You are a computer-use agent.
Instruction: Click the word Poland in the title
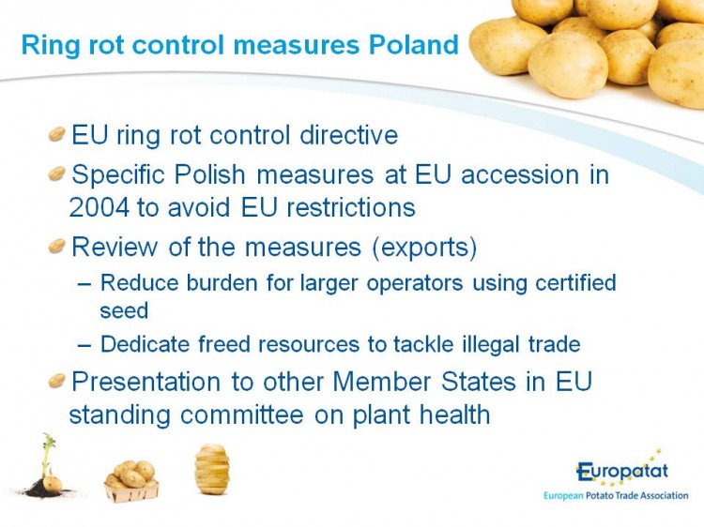(x=414, y=44)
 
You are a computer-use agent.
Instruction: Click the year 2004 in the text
(x=99, y=207)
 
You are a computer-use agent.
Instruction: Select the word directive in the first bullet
(x=349, y=134)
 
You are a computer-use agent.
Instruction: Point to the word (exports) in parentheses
(x=424, y=248)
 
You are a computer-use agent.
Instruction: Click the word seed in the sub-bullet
(x=124, y=310)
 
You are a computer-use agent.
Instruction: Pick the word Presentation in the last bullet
(x=145, y=382)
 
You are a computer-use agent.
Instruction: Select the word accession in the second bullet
(x=520, y=174)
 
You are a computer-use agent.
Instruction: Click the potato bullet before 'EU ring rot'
(x=57, y=134)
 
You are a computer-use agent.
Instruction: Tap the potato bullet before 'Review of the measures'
(x=57, y=246)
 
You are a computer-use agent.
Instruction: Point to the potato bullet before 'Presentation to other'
(x=57, y=381)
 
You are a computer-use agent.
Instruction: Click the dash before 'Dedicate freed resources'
(x=84, y=345)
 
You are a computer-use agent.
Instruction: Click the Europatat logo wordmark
(x=622, y=471)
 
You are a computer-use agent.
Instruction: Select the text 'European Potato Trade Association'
(x=616, y=496)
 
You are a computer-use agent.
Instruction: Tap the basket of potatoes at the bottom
(x=131, y=481)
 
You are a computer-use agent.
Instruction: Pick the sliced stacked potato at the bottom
(x=212, y=469)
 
